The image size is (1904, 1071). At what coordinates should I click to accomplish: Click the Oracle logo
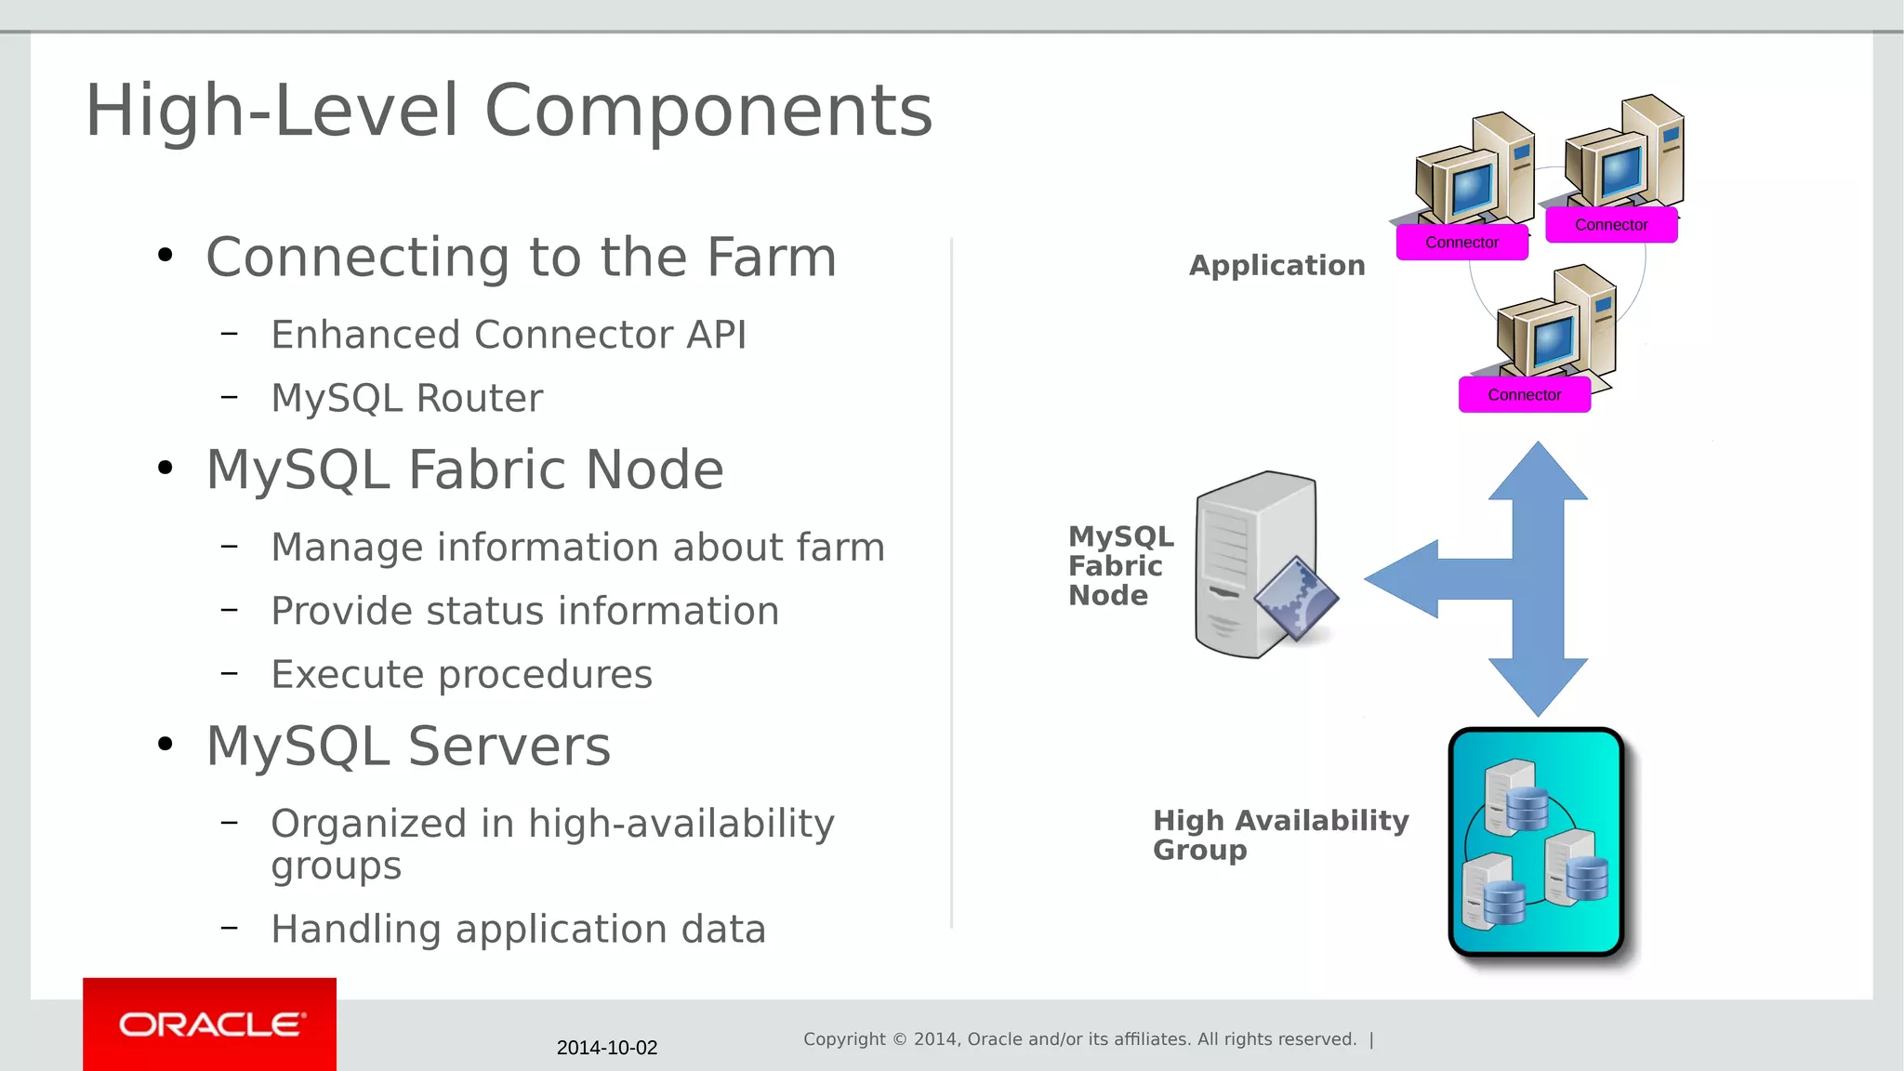click(210, 1025)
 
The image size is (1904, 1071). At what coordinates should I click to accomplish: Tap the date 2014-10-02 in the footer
click(606, 1048)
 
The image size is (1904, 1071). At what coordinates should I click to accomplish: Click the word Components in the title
click(708, 111)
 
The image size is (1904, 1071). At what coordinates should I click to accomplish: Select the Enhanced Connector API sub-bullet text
click(509, 335)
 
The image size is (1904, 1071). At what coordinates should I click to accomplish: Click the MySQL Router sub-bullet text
click(406, 398)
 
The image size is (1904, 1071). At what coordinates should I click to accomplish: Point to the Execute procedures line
click(461, 674)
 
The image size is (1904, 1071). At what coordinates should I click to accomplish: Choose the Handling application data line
click(518, 929)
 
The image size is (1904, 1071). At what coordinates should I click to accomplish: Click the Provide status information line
click(524, 611)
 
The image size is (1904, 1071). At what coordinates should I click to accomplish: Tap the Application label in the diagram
click(1276, 266)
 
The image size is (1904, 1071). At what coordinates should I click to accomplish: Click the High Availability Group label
click(1279, 834)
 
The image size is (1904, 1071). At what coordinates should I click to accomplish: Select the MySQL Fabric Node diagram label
click(1119, 565)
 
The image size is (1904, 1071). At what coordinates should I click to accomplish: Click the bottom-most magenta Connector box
click(1524, 395)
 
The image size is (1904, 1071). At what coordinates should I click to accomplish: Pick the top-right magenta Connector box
click(1610, 225)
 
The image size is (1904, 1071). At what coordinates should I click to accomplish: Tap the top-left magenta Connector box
click(1461, 243)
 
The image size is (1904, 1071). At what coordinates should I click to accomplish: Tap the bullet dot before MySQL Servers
click(165, 744)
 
